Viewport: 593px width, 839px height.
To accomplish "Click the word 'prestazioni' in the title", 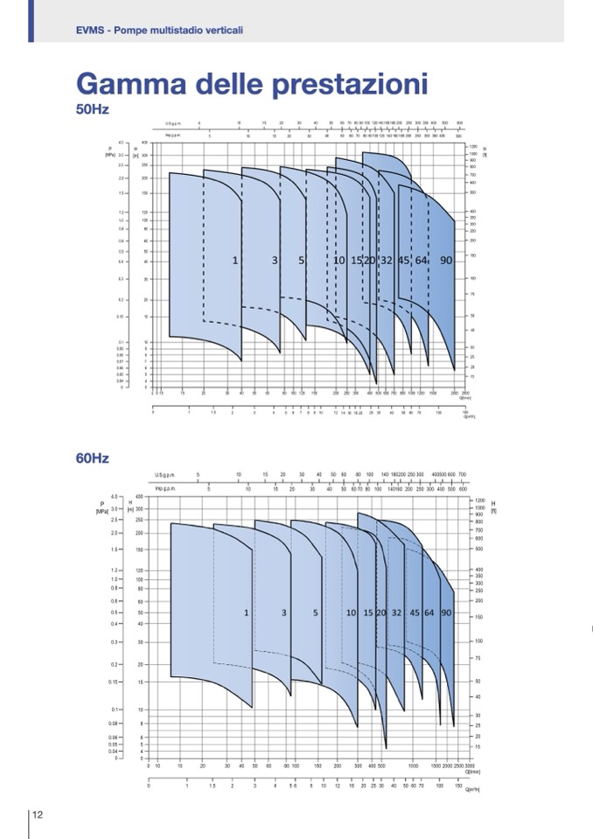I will (x=355, y=85).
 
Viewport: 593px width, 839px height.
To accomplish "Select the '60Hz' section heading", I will (x=93, y=458).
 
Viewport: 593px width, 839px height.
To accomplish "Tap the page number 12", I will (x=38, y=815).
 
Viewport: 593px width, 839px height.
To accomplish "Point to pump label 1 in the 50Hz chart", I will (x=235, y=261).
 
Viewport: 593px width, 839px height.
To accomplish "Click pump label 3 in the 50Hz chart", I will (x=275, y=261).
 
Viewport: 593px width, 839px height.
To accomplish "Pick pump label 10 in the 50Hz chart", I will (x=339, y=261).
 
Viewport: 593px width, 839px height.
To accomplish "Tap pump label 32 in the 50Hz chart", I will (x=387, y=261).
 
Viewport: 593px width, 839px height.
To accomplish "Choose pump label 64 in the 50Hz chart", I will (x=422, y=261).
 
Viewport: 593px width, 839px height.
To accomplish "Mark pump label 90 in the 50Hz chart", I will (x=446, y=261).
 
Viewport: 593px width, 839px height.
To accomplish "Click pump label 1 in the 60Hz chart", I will (x=247, y=613).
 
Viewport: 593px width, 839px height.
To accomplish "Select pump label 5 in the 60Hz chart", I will (x=316, y=613).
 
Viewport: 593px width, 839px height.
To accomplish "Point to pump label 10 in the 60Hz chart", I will (x=351, y=613).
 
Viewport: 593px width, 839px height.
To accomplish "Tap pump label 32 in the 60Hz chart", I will (x=396, y=613).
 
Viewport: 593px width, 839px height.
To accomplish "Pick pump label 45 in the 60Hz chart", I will (x=415, y=613).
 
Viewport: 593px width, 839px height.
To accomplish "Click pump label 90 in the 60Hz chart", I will (x=446, y=613).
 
